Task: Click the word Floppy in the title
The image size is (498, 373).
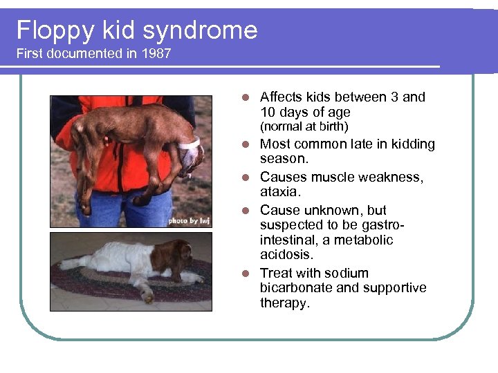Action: pos(45,30)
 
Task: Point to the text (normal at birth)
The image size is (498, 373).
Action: pos(304,127)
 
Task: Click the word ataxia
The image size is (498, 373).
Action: pos(280,192)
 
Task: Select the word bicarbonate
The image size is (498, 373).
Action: pos(298,288)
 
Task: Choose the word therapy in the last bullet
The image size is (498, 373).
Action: pos(284,303)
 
